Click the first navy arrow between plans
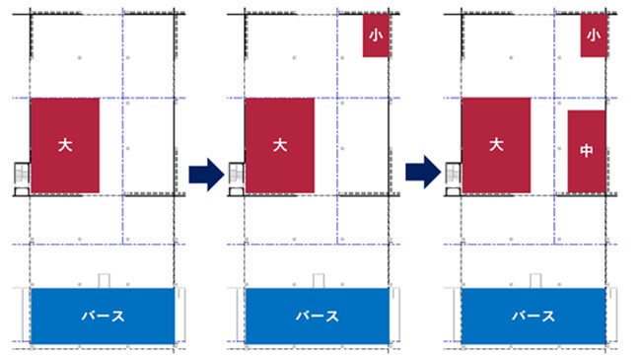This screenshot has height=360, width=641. point(200,175)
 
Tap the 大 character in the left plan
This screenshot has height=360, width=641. point(64,144)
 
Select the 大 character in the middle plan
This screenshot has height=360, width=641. point(280,144)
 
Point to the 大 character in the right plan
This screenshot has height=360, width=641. point(496,144)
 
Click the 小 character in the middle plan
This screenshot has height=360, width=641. point(376,35)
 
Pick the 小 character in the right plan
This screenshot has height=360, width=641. point(593,35)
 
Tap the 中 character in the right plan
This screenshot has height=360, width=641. point(587,152)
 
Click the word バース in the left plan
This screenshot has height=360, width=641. point(103,317)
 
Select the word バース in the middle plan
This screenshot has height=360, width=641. point(319,317)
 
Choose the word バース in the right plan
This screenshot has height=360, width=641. point(534,317)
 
